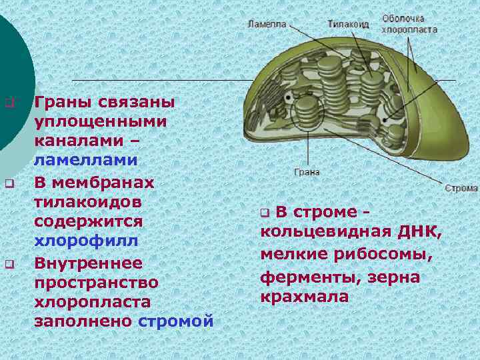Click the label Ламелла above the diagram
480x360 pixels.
267,23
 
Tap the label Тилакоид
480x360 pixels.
348,23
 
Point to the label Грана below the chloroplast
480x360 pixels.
307,172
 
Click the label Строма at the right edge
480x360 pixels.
461,188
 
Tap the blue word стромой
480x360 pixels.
176,321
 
